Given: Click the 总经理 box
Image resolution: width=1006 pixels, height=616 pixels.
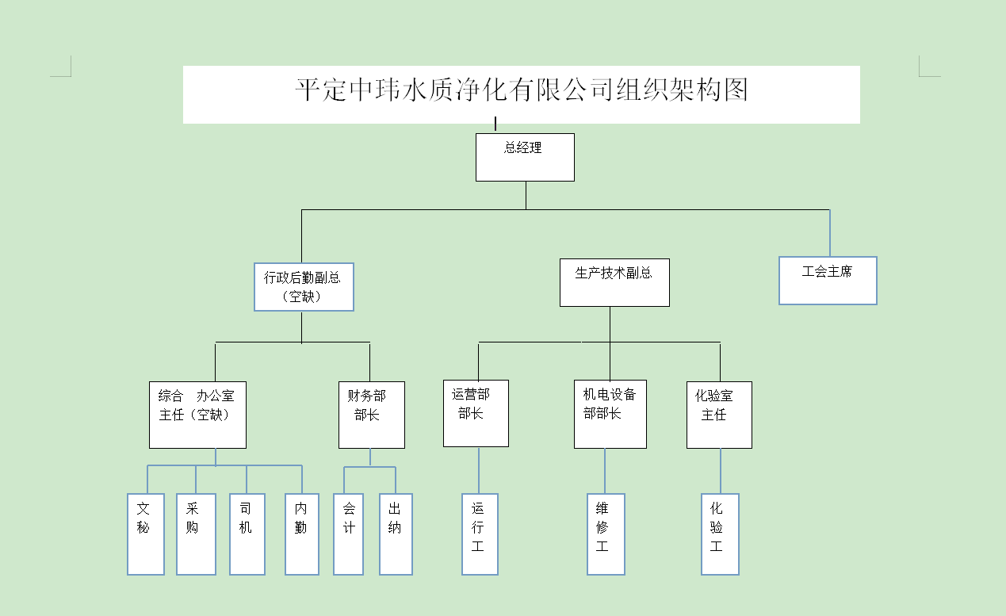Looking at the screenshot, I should [525, 157].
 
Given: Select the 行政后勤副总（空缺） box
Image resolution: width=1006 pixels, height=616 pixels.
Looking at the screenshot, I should [304, 286].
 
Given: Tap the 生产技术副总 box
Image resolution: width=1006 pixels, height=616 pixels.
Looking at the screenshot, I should [614, 282].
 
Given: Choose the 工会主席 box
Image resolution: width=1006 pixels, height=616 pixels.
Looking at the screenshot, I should [828, 281].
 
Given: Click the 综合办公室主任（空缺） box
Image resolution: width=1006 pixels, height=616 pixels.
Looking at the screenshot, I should [197, 415].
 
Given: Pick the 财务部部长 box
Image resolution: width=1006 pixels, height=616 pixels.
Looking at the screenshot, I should [371, 415].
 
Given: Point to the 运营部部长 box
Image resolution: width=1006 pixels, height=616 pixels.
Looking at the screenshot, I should [476, 413].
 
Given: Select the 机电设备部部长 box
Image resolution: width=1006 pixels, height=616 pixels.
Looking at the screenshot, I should [610, 414].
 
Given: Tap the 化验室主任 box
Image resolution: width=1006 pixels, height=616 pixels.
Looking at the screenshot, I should [719, 415].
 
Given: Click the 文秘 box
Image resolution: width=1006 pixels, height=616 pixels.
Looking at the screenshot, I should [146, 534].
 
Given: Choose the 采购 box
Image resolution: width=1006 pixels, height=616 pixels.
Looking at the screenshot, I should [196, 534].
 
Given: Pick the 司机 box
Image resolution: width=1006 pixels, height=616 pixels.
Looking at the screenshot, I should [247, 534].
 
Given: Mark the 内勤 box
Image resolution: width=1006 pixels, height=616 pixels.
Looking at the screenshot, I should [302, 534].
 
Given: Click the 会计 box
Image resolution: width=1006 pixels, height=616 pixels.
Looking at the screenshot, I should [349, 534].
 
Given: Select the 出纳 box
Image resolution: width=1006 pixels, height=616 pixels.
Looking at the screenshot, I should [396, 534].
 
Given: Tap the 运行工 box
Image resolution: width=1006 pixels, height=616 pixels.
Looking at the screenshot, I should [480, 534].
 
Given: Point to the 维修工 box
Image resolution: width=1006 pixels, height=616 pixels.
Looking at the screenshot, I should [606, 534].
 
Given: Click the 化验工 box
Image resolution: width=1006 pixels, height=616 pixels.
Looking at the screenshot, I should [720, 534].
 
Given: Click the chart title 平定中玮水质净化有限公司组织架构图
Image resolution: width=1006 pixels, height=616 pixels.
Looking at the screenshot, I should [522, 90].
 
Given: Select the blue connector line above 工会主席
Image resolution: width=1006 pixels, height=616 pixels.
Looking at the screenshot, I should [829, 233].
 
